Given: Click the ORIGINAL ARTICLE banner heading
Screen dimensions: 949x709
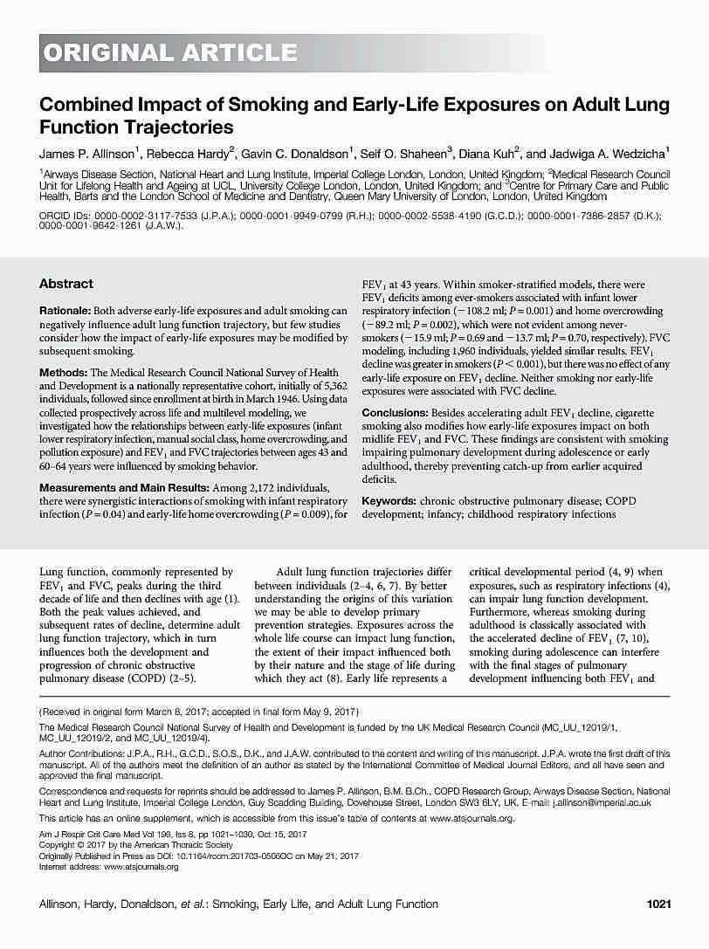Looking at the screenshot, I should (170, 53).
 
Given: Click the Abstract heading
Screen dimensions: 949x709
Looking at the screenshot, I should (66, 284).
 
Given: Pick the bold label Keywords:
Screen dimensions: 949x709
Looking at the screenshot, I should (389, 501).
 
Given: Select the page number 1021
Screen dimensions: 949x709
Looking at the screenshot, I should (657, 904).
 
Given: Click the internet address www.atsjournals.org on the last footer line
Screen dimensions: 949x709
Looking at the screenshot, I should (141, 866).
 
